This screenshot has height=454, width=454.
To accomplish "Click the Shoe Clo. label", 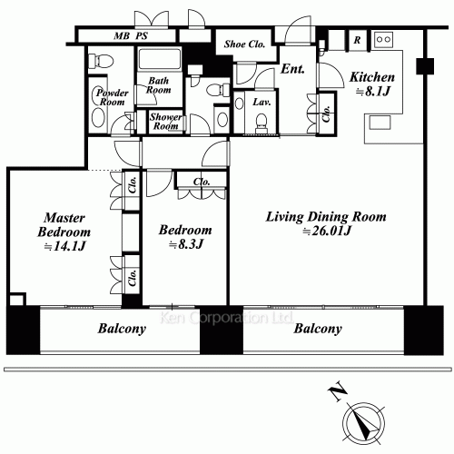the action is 244,44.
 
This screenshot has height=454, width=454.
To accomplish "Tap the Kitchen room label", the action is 372,77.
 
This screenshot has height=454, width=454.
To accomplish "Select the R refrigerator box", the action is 358,40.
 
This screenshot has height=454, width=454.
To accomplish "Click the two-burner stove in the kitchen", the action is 383,39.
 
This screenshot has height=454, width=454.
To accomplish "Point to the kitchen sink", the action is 380,123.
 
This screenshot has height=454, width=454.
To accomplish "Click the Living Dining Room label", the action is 326,217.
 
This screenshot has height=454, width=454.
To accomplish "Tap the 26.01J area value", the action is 327,231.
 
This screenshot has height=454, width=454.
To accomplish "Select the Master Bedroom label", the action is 64,225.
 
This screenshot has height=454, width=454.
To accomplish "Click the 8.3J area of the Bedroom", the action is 185,244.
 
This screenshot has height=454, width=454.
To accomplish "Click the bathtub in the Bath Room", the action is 160,59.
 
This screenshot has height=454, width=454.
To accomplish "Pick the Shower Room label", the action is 166,121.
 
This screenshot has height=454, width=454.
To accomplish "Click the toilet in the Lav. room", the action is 262,122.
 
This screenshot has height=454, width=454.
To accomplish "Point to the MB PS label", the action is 131,36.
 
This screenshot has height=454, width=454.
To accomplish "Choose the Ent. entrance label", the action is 292,69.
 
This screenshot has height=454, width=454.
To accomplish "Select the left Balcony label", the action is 122,329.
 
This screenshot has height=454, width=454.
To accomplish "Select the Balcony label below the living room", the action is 318,329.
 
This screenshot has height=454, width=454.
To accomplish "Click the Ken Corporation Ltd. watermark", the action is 226,318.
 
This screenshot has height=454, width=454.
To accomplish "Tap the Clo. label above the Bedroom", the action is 202,182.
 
